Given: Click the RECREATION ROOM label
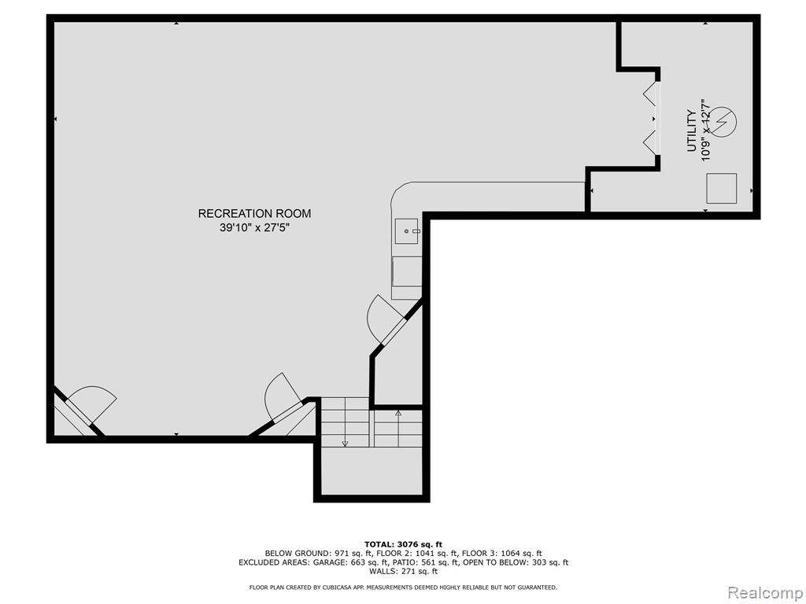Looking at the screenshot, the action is tap(254, 213).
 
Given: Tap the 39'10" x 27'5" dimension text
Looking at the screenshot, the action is tap(254, 227).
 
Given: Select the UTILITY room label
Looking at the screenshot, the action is tap(692, 131).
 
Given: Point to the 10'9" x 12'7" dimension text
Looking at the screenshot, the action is tap(706, 131).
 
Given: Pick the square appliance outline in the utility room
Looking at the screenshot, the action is tap(722, 189).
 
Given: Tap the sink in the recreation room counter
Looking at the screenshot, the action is tap(407, 231).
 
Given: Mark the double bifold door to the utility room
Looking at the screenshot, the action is tap(651, 118).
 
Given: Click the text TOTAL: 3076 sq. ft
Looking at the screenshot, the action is tap(403, 544).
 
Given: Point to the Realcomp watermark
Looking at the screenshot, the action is tap(765, 593).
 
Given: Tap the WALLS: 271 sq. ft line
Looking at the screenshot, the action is tap(404, 571).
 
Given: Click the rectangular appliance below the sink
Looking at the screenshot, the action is tap(407, 278).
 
